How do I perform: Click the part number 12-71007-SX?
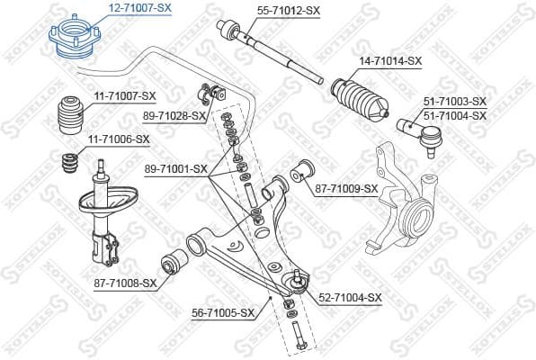click(x=139, y=7)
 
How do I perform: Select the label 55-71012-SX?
click(x=289, y=10)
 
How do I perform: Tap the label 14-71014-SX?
click(x=390, y=61)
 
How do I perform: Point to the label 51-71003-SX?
click(x=454, y=101)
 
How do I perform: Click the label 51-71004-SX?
click(x=454, y=115)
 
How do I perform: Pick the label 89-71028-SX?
click(x=174, y=116)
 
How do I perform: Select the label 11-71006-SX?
click(x=118, y=139)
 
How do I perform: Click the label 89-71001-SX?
click(x=176, y=168)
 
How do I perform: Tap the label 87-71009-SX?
click(x=346, y=188)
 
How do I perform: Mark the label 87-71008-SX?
click(x=125, y=283)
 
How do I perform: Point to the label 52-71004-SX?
click(x=351, y=297)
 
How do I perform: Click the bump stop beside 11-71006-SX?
click(x=67, y=164)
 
